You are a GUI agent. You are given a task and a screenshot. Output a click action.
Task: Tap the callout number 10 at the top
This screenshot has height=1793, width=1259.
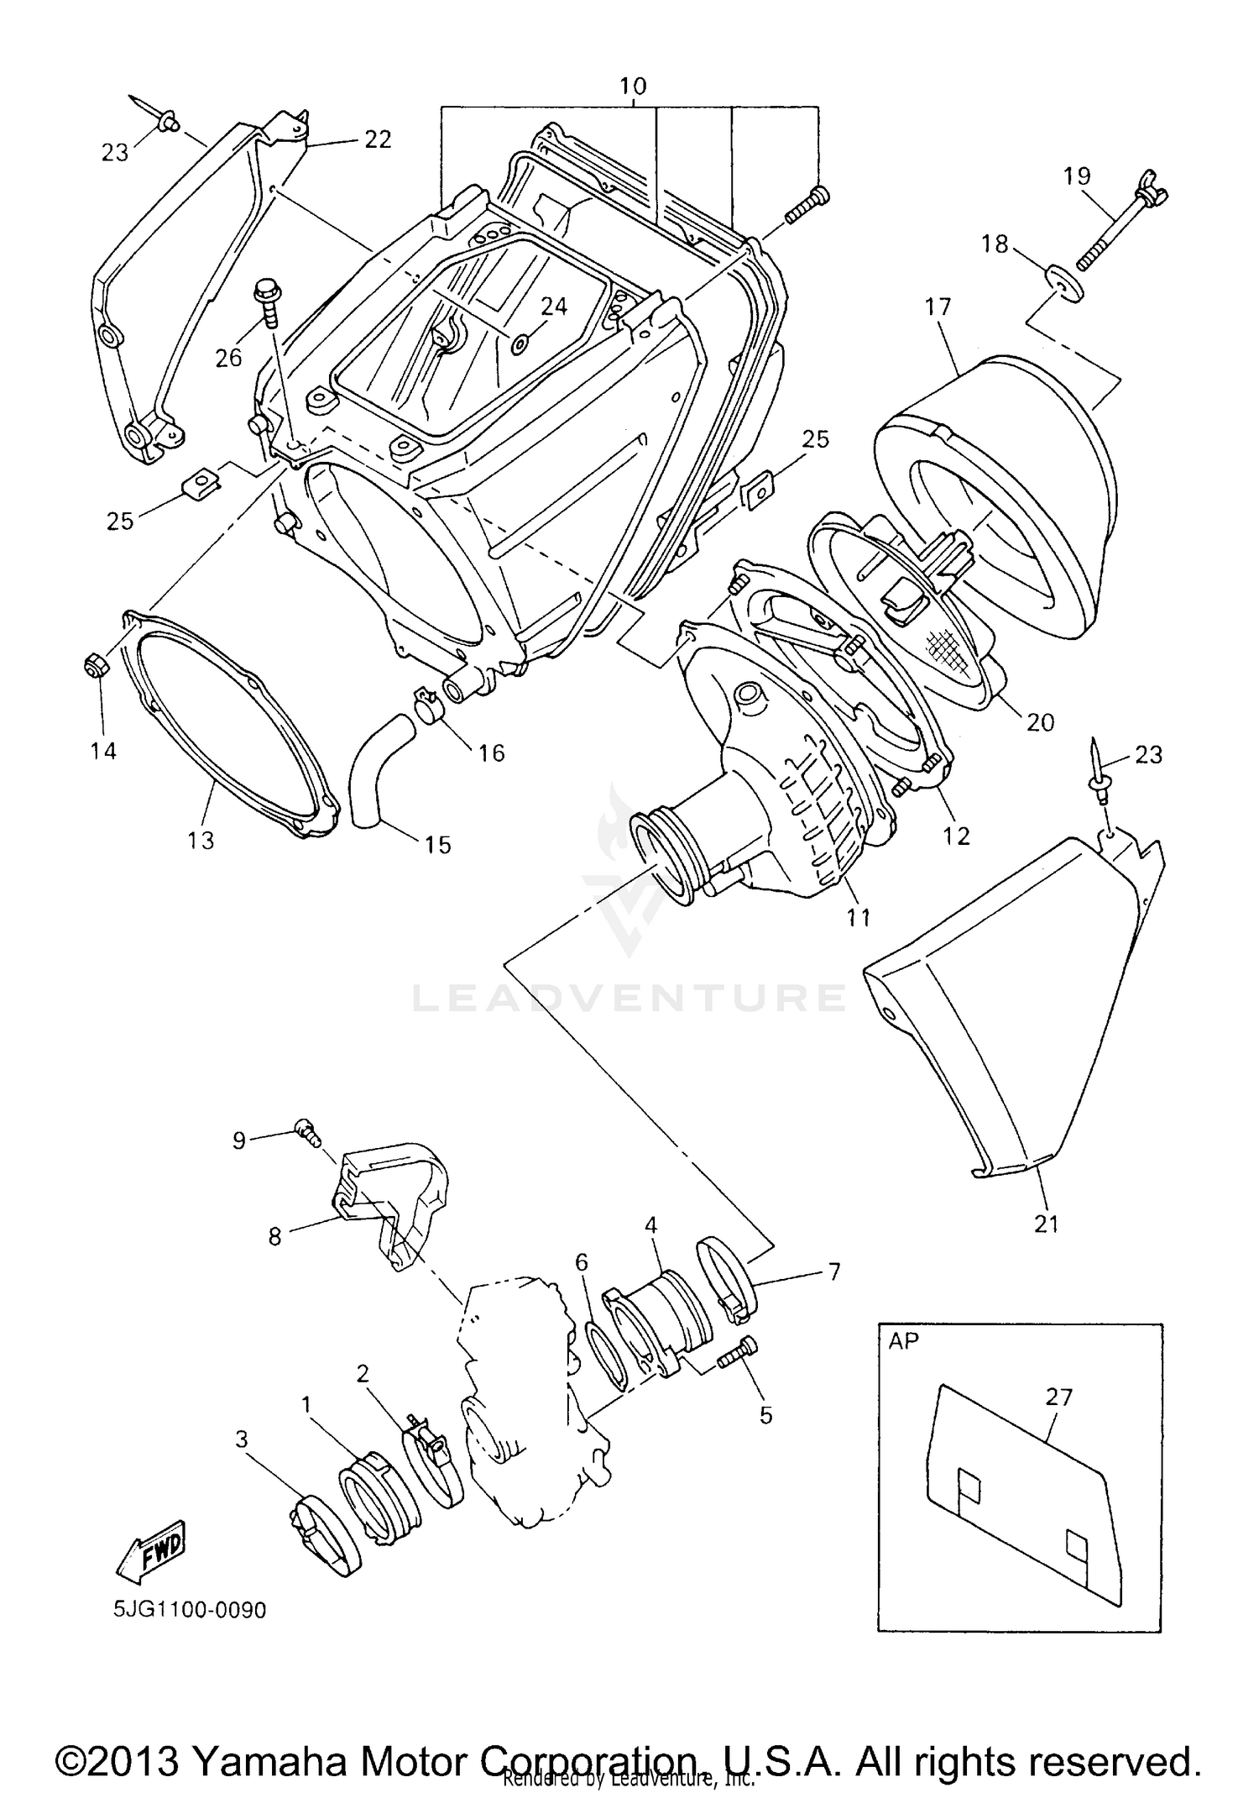pos(633,86)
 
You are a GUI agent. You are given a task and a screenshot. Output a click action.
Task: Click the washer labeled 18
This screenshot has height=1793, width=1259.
pos(1065,284)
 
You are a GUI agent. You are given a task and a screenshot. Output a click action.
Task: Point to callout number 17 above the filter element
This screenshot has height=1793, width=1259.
pos(938,307)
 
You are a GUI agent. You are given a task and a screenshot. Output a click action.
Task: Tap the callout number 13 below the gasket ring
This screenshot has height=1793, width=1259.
pos(201,840)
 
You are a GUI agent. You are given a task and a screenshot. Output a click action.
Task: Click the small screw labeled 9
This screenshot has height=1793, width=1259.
pos(306,1132)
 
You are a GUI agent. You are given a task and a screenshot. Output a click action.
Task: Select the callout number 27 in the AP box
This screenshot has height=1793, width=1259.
pos(1058,1397)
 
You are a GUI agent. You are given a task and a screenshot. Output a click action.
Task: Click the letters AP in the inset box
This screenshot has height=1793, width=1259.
pos(903,1341)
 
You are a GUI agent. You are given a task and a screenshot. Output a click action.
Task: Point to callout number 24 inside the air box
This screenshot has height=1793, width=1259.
pos(554,307)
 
